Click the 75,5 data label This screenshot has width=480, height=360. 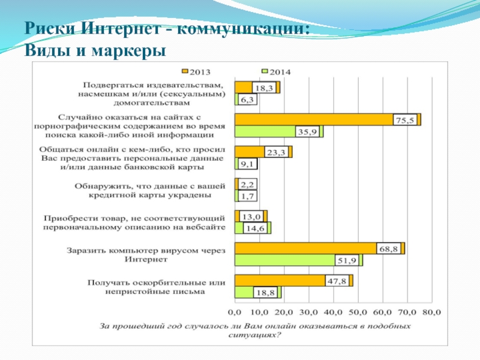[x=404, y=120]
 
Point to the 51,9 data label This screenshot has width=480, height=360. [x=348, y=260]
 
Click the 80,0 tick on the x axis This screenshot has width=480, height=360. [x=431, y=312]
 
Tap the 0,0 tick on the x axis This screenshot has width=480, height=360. [x=235, y=312]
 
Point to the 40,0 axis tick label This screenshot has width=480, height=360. [x=333, y=312]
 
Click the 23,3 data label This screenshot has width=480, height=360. [x=276, y=152]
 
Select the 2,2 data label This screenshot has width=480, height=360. [x=247, y=184]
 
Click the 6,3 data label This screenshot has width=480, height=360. [x=247, y=100]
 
